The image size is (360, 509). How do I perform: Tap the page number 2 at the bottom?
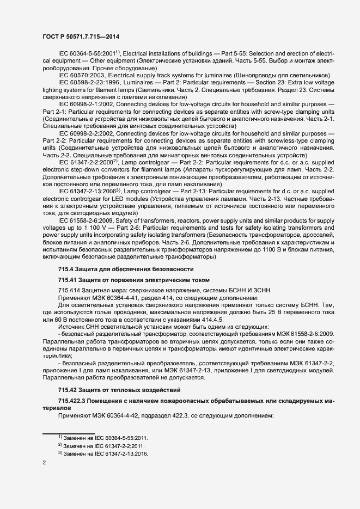coord(44,463)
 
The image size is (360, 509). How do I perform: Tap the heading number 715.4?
coord(67,269)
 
